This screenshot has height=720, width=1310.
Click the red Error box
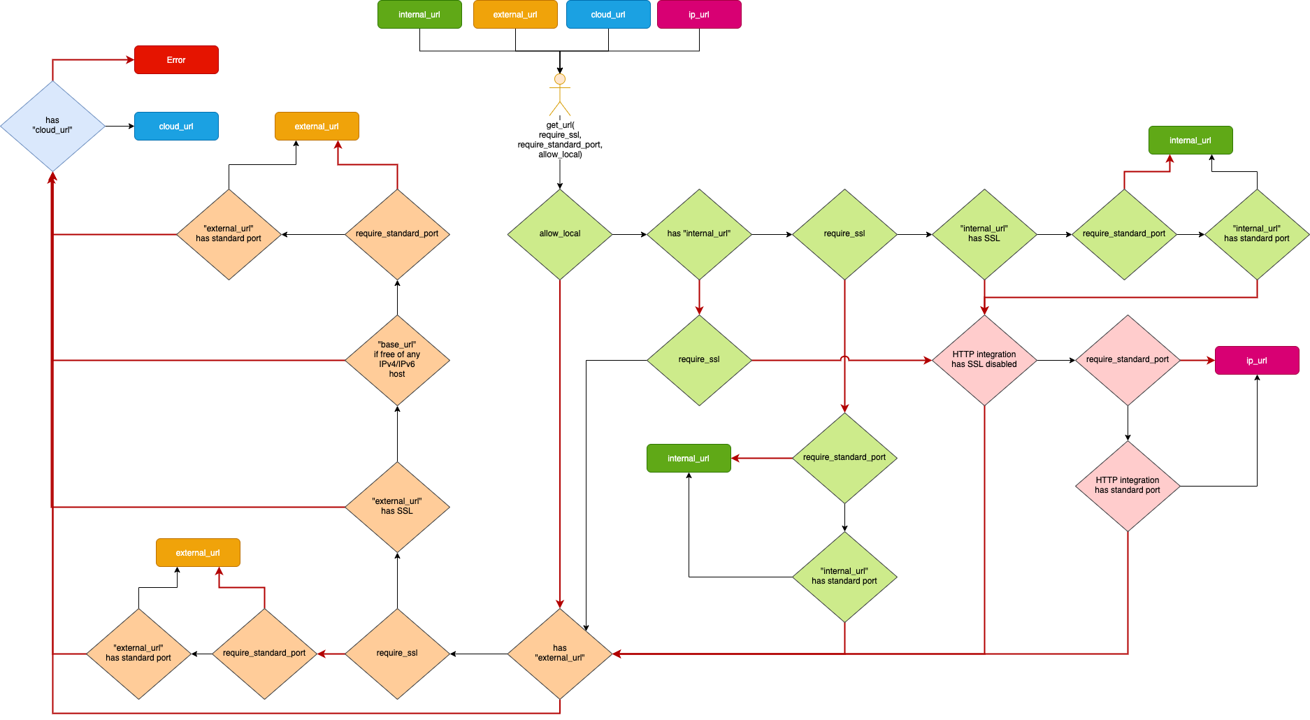[176, 60]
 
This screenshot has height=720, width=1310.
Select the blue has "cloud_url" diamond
[52, 126]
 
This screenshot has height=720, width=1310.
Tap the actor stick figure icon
[559, 94]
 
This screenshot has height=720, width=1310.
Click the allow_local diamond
[559, 234]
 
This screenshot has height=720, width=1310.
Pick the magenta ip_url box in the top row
[699, 15]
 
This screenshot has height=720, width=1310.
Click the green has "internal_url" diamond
[699, 234]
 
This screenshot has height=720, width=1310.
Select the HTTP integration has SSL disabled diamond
[984, 360]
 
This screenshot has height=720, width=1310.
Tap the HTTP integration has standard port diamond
[1128, 486]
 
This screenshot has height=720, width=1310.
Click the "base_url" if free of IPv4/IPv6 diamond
[397, 360]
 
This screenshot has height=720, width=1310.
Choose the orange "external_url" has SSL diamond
[397, 507]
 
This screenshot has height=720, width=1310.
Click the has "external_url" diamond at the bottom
[559, 654]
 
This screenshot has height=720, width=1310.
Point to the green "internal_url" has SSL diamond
[984, 234]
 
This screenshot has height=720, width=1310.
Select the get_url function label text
[560, 140]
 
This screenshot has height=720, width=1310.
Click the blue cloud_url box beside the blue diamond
[176, 127]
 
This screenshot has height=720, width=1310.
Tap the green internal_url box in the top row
[419, 15]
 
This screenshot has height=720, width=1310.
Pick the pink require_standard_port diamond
[1128, 360]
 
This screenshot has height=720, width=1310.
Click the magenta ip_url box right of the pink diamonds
[1257, 361]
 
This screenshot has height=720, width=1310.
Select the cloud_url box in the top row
[608, 15]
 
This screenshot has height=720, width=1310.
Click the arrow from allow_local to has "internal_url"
[629, 234]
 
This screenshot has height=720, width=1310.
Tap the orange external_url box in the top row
[515, 15]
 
